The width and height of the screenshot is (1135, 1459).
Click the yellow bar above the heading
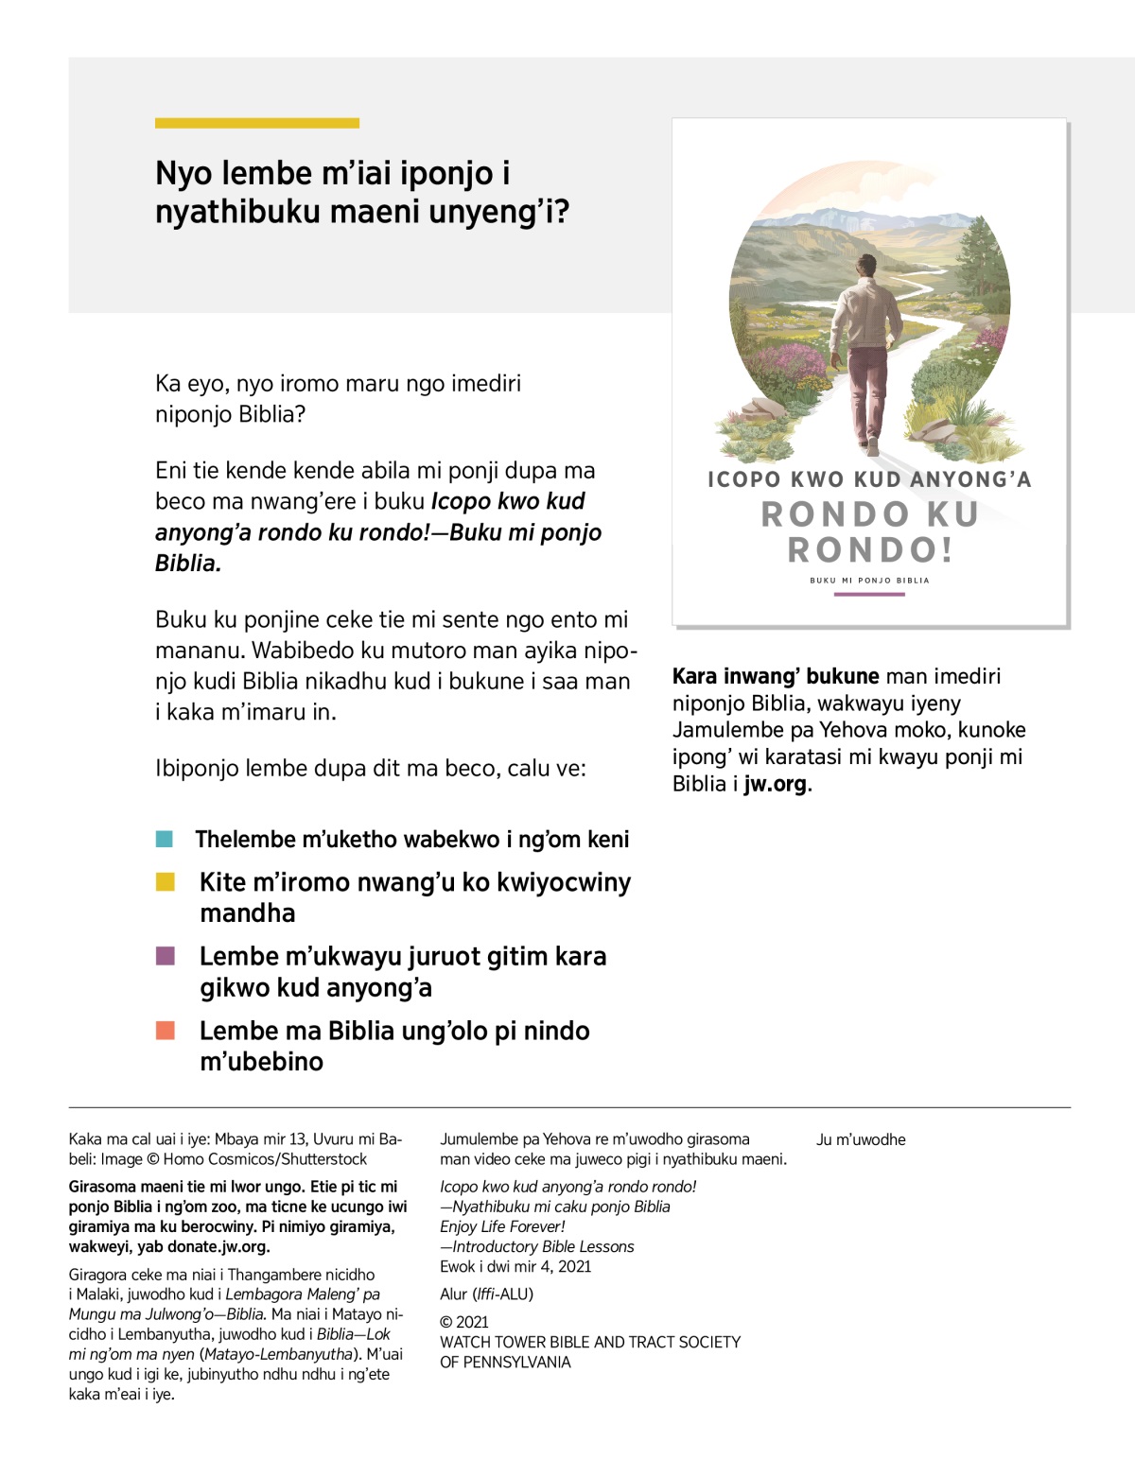pos(256,123)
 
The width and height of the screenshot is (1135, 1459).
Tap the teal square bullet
pos(165,839)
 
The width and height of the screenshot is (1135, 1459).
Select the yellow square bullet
pos(165,882)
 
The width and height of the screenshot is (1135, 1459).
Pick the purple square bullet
pos(165,956)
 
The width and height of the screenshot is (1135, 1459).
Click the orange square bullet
pos(165,1030)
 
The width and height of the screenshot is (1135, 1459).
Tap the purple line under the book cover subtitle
pos(869,595)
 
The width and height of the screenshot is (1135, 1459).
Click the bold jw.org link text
pos(776,784)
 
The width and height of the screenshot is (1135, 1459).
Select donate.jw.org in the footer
pos(218,1246)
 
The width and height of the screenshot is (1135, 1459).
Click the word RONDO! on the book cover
pos(870,549)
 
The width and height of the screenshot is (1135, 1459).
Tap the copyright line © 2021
pos(464,1322)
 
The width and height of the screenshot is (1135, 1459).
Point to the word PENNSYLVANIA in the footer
pos(517,1362)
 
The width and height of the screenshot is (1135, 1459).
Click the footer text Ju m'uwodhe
pos(861,1139)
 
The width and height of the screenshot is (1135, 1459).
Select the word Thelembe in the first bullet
pos(245,839)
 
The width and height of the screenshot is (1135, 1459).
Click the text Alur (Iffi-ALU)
pos(486,1294)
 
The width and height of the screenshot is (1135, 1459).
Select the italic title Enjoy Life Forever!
pos(502,1226)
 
